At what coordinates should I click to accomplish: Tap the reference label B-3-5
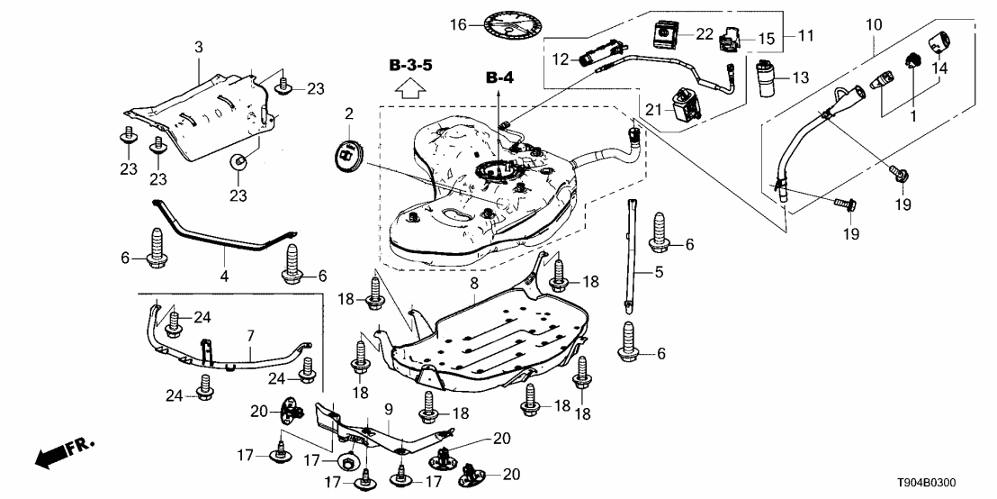[x=411, y=66]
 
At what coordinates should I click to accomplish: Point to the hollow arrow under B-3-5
[x=411, y=87]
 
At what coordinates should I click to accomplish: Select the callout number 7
[x=251, y=335]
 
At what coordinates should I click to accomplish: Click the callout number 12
[x=559, y=60]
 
